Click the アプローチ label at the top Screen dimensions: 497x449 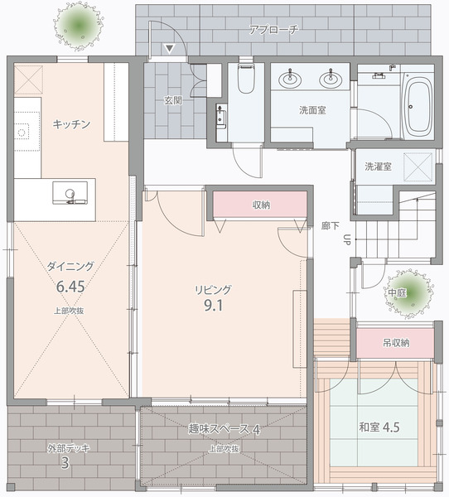click(273, 30)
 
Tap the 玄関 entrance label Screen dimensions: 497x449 click(172, 100)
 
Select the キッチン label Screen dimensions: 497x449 click(71, 123)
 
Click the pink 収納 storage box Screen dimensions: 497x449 click(260, 204)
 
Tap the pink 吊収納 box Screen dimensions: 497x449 click(395, 342)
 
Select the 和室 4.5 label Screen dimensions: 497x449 click(379, 427)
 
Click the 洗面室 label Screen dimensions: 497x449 click(311, 109)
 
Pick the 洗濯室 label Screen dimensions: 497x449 click(379, 166)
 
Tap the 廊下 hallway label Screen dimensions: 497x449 click(330, 225)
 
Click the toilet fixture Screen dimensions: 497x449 click(245, 80)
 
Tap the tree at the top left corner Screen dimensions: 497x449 click(80, 27)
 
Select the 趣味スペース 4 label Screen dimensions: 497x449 click(224, 430)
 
